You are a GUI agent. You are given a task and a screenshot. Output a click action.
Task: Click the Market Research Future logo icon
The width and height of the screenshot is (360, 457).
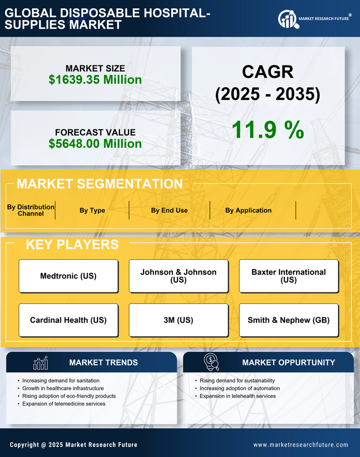[x=288, y=19]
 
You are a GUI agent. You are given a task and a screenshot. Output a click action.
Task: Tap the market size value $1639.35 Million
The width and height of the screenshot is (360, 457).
[x=95, y=80]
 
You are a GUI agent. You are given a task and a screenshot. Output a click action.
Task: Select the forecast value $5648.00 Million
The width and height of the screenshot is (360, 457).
[x=95, y=144]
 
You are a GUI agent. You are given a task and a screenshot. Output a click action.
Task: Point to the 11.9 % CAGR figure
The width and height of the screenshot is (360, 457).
[x=268, y=130]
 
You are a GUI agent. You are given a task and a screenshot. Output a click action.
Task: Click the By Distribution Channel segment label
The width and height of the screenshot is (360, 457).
[x=31, y=210]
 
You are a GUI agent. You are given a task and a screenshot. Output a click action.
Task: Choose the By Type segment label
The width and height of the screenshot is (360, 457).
[x=92, y=210]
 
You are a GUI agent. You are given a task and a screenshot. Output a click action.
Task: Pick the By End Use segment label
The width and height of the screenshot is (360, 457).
[x=169, y=210]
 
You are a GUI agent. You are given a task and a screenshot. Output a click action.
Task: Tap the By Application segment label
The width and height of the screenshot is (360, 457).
[x=248, y=210]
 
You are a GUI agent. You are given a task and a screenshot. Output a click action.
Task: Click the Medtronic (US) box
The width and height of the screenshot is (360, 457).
[x=68, y=276]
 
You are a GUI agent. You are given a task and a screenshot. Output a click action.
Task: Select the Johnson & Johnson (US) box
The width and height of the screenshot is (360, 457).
[x=178, y=276]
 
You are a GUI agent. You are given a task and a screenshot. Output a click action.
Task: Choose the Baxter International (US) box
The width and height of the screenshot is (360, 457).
[x=289, y=276]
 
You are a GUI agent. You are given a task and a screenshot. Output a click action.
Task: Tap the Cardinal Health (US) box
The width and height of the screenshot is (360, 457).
[x=68, y=320]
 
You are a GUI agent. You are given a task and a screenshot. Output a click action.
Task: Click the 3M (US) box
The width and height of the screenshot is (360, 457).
[x=178, y=320]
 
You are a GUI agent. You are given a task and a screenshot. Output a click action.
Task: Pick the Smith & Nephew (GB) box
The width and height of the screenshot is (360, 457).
[x=289, y=320]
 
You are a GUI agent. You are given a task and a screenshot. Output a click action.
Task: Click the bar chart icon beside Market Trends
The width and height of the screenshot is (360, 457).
[x=40, y=363]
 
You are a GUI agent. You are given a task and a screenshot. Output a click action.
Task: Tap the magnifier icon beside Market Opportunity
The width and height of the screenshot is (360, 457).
[x=211, y=362]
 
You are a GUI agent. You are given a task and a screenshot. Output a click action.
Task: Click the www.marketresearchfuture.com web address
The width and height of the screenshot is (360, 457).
[x=301, y=445]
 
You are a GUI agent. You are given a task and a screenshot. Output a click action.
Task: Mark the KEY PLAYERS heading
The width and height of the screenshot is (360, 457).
[x=72, y=244]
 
